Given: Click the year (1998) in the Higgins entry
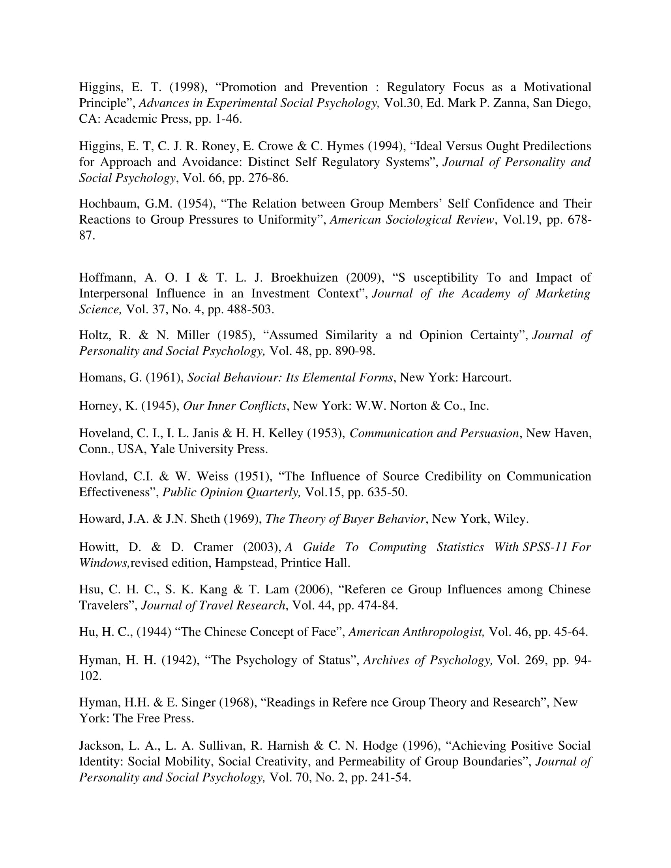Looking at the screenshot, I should [x=183, y=87].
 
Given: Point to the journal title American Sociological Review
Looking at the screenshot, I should [x=412, y=219].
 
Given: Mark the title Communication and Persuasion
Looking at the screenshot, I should [x=434, y=433].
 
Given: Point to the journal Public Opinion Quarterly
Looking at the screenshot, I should [x=231, y=492].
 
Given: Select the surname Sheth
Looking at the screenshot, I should [x=205, y=519].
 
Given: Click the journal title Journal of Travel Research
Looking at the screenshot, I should [x=213, y=605].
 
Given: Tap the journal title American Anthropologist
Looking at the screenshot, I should [x=416, y=632].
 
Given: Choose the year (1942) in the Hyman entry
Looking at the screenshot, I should [x=180, y=660].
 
